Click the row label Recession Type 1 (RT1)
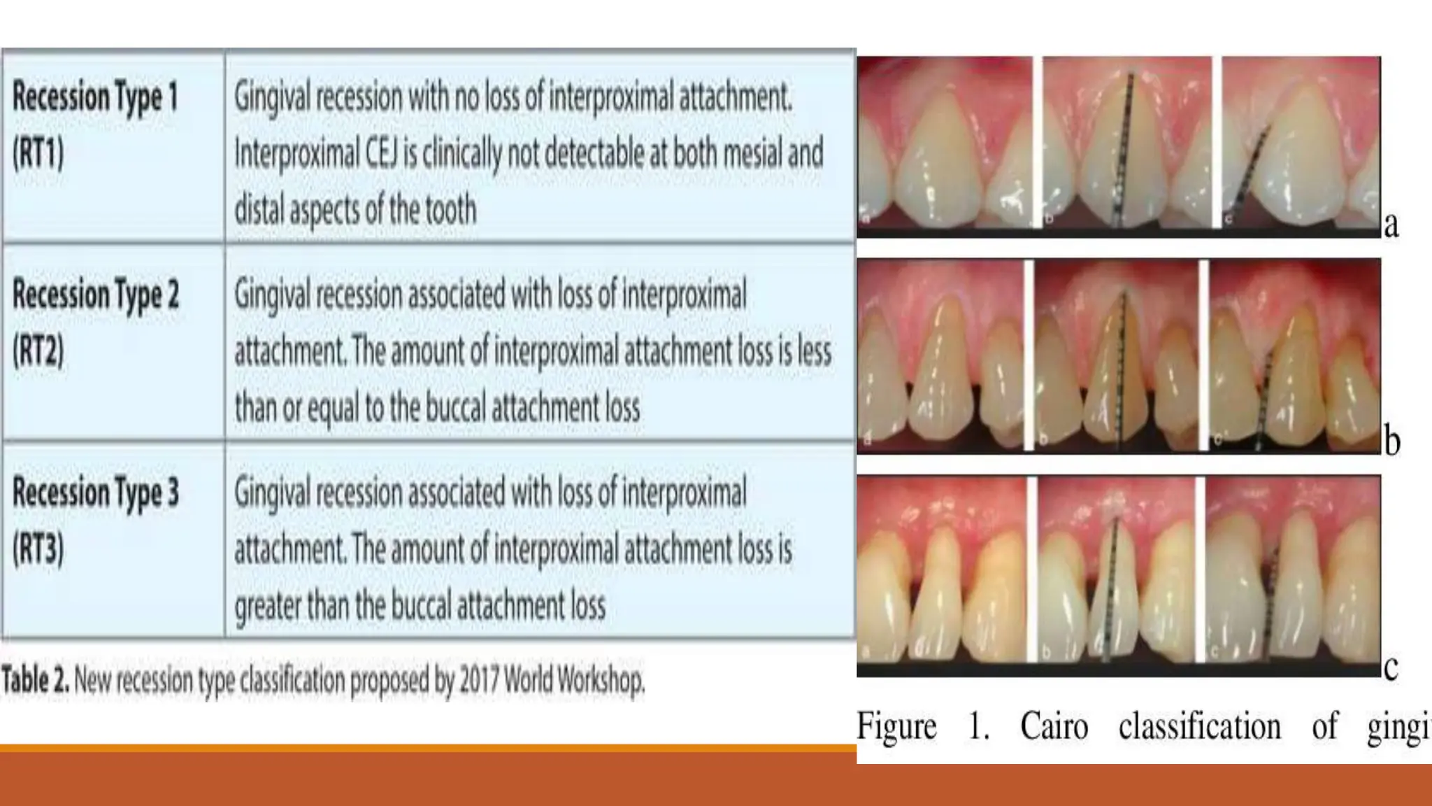95,124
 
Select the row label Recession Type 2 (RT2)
95,322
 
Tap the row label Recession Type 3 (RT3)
95,519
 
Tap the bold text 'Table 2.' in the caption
35,679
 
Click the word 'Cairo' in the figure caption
1054,726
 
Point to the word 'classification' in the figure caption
1199,726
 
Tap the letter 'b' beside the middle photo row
1391,441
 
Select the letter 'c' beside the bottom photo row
1390,667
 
